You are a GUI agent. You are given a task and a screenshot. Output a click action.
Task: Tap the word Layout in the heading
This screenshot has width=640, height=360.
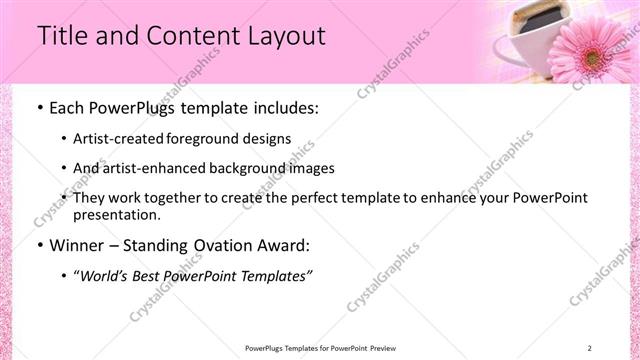point(284,36)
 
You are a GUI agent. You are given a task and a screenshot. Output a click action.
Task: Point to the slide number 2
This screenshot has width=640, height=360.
point(590,348)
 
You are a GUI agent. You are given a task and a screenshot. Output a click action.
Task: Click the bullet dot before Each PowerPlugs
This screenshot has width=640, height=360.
point(38,108)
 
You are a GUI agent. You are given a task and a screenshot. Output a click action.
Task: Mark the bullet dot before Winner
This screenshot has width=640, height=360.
point(38,245)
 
